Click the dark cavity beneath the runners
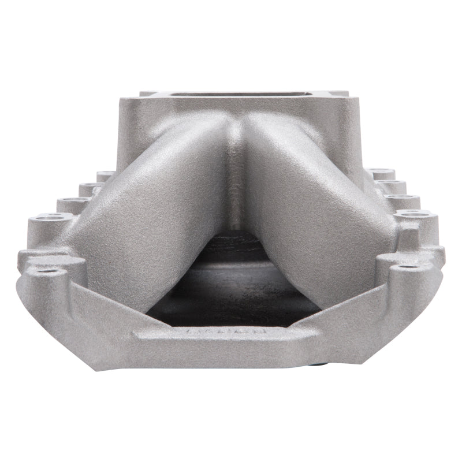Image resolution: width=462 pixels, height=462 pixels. tap(231, 289)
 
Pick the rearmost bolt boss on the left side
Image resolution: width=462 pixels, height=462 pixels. tap(105, 174)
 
